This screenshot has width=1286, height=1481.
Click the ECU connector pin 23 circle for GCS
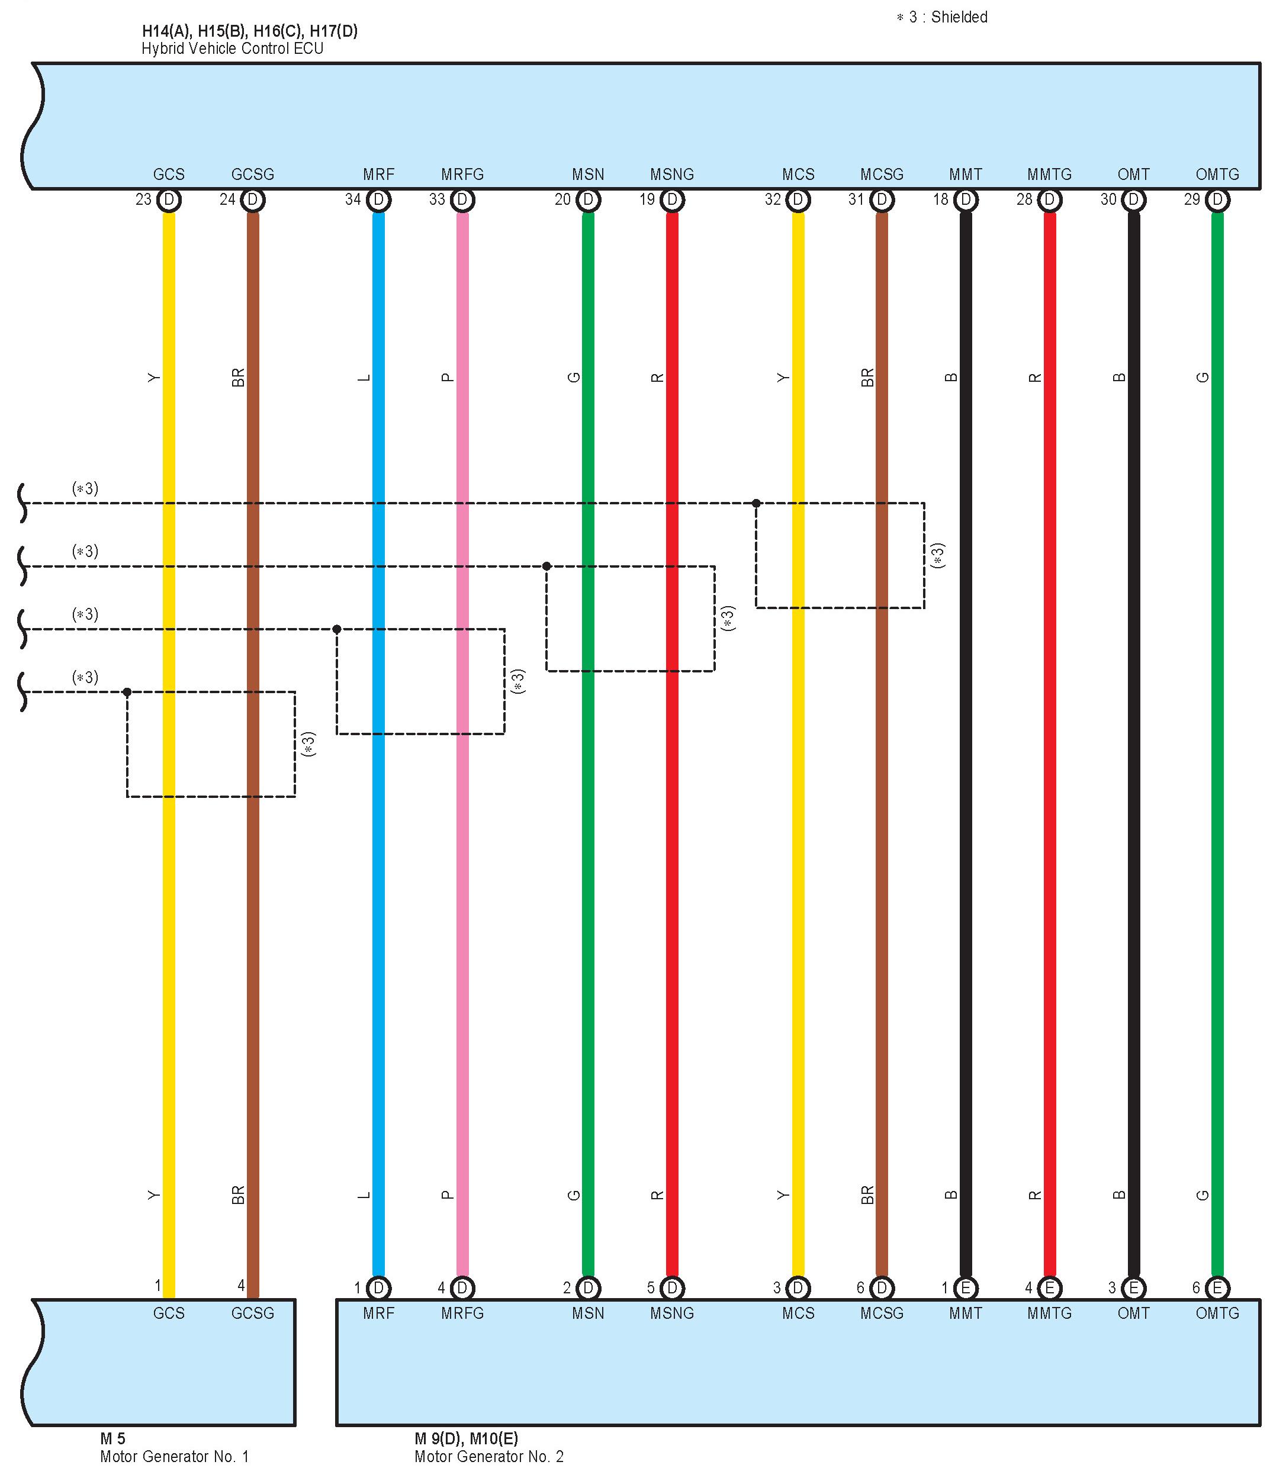point(169,199)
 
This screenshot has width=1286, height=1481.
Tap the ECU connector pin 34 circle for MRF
point(378,199)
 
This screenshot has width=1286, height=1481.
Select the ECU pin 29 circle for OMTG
point(1217,199)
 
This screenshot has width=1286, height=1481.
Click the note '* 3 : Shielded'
point(941,17)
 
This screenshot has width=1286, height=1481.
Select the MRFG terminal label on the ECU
point(462,175)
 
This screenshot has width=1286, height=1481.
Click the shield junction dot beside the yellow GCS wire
point(127,692)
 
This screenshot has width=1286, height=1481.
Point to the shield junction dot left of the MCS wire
point(757,503)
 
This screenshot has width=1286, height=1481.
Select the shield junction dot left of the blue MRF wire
point(336,629)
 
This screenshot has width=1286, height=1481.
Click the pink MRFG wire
point(462,933)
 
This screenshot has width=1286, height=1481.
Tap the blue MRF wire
point(378,933)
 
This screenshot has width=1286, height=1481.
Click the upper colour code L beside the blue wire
point(365,378)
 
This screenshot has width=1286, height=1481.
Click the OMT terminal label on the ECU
point(1133,175)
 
